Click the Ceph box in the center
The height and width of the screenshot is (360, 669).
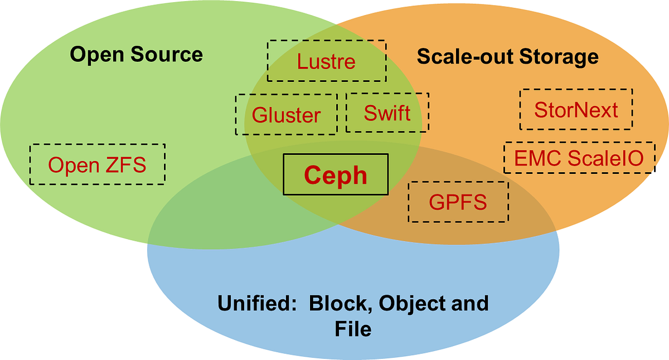pyautogui.click(x=336, y=174)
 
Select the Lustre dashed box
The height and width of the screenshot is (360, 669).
pyautogui.click(x=327, y=61)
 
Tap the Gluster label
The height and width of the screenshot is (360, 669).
pyautogui.click(x=286, y=115)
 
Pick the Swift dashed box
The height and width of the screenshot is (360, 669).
pyautogui.click(x=387, y=113)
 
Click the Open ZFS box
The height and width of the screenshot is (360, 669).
pyautogui.click(x=97, y=164)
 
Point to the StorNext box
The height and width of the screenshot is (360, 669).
pyautogui.click(x=576, y=109)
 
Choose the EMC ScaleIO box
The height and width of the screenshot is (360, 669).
pyautogui.click(x=578, y=158)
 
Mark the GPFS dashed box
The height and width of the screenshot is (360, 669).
pyautogui.click(x=458, y=201)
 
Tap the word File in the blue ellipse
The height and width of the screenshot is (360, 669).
pyautogui.click(x=353, y=329)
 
